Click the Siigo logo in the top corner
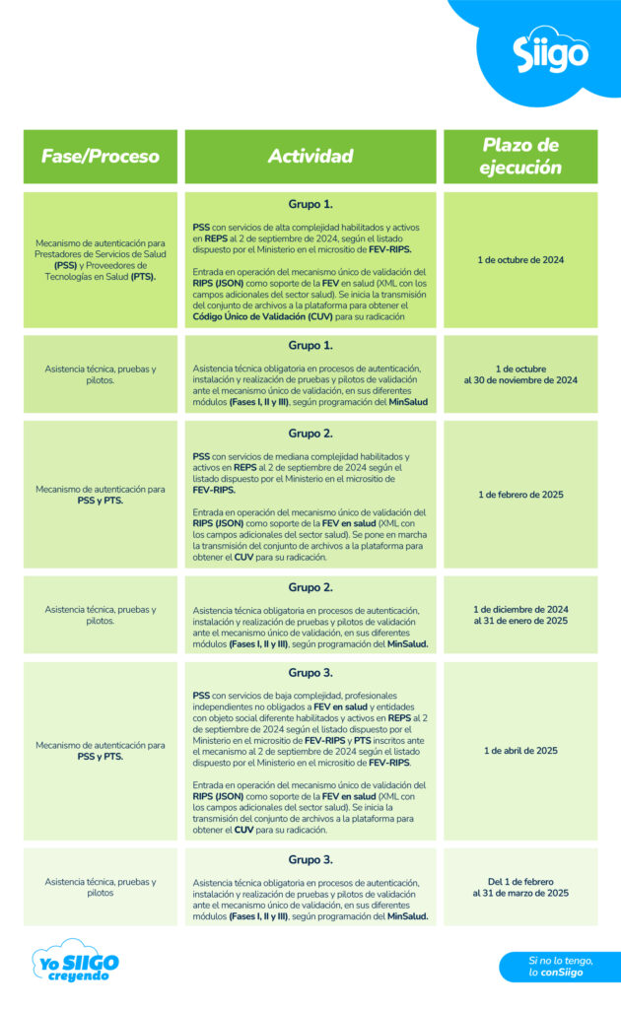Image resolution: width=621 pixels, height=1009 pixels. point(551,53)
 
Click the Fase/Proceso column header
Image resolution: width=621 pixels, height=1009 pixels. point(100,157)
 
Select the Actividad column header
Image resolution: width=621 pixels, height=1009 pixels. point(310,157)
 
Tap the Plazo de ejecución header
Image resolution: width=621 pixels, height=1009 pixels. point(520,156)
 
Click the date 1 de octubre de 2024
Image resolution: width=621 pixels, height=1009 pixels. point(520,260)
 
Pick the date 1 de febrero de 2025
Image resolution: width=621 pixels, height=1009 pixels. point(520,495)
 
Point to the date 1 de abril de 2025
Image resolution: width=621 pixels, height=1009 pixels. point(520,751)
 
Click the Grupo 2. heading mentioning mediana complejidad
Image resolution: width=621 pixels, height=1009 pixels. point(310,434)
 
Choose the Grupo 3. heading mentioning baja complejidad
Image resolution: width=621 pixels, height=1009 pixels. point(310,673)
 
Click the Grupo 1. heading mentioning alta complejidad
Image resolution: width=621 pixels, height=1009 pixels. point(310,205)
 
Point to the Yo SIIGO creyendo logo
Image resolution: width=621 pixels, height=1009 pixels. point(74,965)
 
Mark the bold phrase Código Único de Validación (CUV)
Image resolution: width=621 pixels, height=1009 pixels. point(256,317)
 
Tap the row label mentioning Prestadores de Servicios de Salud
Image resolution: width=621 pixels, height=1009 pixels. point(100,260)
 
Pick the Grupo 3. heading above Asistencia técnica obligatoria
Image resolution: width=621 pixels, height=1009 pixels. point(310,859)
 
